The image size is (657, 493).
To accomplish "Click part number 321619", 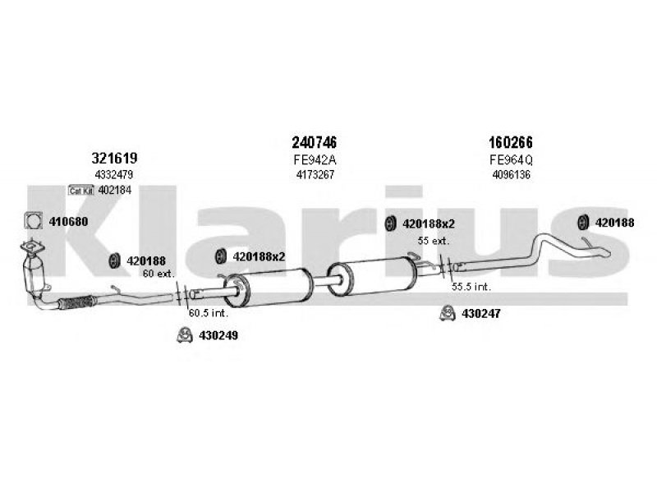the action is click(114, 158).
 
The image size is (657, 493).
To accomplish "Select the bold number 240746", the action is click(315, 142).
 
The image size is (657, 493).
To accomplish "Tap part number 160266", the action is click(511, 142).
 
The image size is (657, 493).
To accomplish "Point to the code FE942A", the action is click(315, 160).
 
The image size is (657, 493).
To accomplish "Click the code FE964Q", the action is click(511, 160).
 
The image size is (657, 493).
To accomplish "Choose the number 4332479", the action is click(114, 174).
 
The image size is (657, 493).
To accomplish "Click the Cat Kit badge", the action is click(81, 191).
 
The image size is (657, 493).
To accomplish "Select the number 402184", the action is click(115, 191).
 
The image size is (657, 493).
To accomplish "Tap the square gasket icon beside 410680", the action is click(34, 221).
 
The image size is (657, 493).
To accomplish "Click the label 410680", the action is click(68, 221).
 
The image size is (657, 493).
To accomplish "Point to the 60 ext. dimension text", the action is click(159, 274).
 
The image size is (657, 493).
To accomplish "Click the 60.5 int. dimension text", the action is click(209, 313).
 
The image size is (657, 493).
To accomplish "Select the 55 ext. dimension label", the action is click(434, 241).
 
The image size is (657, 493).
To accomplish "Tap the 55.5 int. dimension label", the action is click(471, 287).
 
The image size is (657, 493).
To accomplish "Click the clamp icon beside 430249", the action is click(184, 334).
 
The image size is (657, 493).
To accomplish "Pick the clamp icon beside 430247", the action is click(448, 313).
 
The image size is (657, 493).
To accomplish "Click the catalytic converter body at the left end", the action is click(33, 274).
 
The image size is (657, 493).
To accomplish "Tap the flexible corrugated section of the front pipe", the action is click(76, 302).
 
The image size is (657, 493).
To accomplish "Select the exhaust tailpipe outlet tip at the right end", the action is click(604, 254).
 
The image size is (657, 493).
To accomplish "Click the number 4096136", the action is click(511, 174).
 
